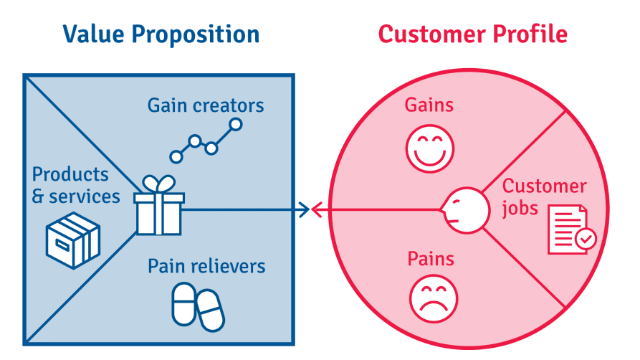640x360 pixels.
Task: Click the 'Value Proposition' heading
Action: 161,34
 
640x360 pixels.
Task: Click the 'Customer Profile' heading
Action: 472,34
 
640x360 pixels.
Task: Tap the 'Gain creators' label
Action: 206,106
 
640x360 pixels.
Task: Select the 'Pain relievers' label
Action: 206,267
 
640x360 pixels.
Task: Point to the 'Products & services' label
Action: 76,185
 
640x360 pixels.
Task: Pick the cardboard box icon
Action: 72,240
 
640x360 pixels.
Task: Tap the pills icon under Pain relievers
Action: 198,307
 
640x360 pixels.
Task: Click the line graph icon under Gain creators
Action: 206,141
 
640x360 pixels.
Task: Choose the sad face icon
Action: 434,299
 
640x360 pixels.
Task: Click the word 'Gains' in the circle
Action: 429,105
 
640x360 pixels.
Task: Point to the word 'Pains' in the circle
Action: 431,258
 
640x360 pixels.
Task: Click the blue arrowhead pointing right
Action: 304,209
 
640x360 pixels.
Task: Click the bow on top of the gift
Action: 159,184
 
